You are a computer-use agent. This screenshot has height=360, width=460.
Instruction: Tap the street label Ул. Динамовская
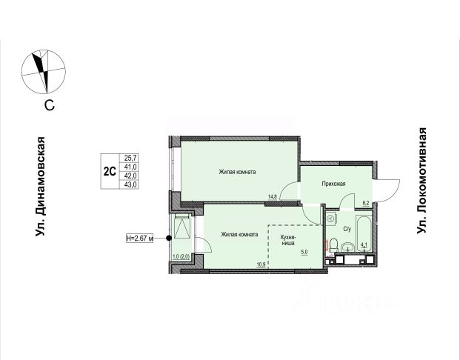pyautogui.click(x=40, y=187)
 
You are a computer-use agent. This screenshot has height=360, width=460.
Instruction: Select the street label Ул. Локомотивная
pyautogui.click(x=421, y=181)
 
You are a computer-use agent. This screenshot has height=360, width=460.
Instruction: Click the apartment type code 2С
pyautogui.click(x=110, y=171)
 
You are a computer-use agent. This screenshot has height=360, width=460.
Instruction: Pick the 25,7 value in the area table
pyautogui.click(x=130, y=158)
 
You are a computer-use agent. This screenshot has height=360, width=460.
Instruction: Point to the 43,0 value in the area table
pyautogui.click(x=130, y=185)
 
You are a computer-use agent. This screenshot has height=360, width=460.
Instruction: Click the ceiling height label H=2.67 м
pyautogui.click(x=140, y=239)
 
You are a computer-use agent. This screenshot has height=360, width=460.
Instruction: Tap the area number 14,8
pyautogui.click(x=273, y=196)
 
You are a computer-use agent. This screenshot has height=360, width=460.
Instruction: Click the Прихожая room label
pyautogui.click(x=333, y=184)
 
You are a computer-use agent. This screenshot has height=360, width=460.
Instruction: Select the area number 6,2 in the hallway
pyautogui.click(x=365, y=203)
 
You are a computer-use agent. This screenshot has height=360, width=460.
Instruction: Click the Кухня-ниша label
pyautogui.click(x=288, y=240)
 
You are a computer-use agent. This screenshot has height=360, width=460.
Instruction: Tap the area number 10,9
pyautogui.click(x=261, y=264)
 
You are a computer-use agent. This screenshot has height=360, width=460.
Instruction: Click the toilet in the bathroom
pyautogui.click(x=333, y=246)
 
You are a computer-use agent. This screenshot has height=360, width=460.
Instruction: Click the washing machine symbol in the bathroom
pyautogui.click(x=332, y=219)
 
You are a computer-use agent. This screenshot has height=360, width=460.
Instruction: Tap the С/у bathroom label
pyautogui.click(x=347, y=229)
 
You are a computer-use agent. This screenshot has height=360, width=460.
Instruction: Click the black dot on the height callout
pyautogui.click(x=169, y=239)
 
